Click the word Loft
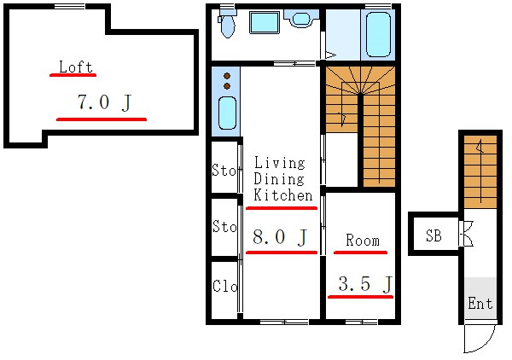[x=76, y=67]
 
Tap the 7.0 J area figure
[x=104, y=102]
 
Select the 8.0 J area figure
[x=280, y=237]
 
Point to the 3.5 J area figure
[x=365, y=283]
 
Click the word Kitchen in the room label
[x=283, y=195]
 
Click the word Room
[x=363, y=241]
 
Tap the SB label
[x=433, y=235]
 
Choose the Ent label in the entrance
[x=480, y=303]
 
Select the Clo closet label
[x=224, y=286]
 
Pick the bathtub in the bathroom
[x=378, y=35]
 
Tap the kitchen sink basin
[x=227, y=113]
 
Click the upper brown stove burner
[x=227, y=76]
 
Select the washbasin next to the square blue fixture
[x=301, y=18]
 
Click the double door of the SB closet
[x=466, y=234]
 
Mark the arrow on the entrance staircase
[x=480, y=171]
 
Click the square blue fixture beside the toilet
[x=265, y=22]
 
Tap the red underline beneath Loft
[x=73, y=75]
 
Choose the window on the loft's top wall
[x=70, y=7]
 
